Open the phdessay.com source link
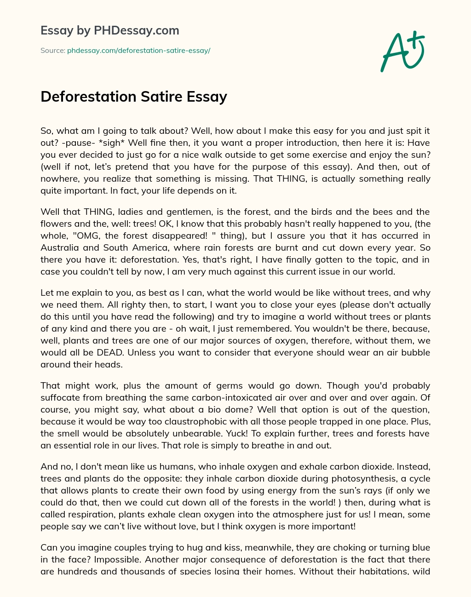pyautogui.click(x=138, y=51)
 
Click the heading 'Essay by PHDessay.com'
pyautogui.click(x=109, y=31)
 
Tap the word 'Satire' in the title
pyautogui.click(x=161, y=97)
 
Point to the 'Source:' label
pyautogui.click(x=52, y=51)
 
